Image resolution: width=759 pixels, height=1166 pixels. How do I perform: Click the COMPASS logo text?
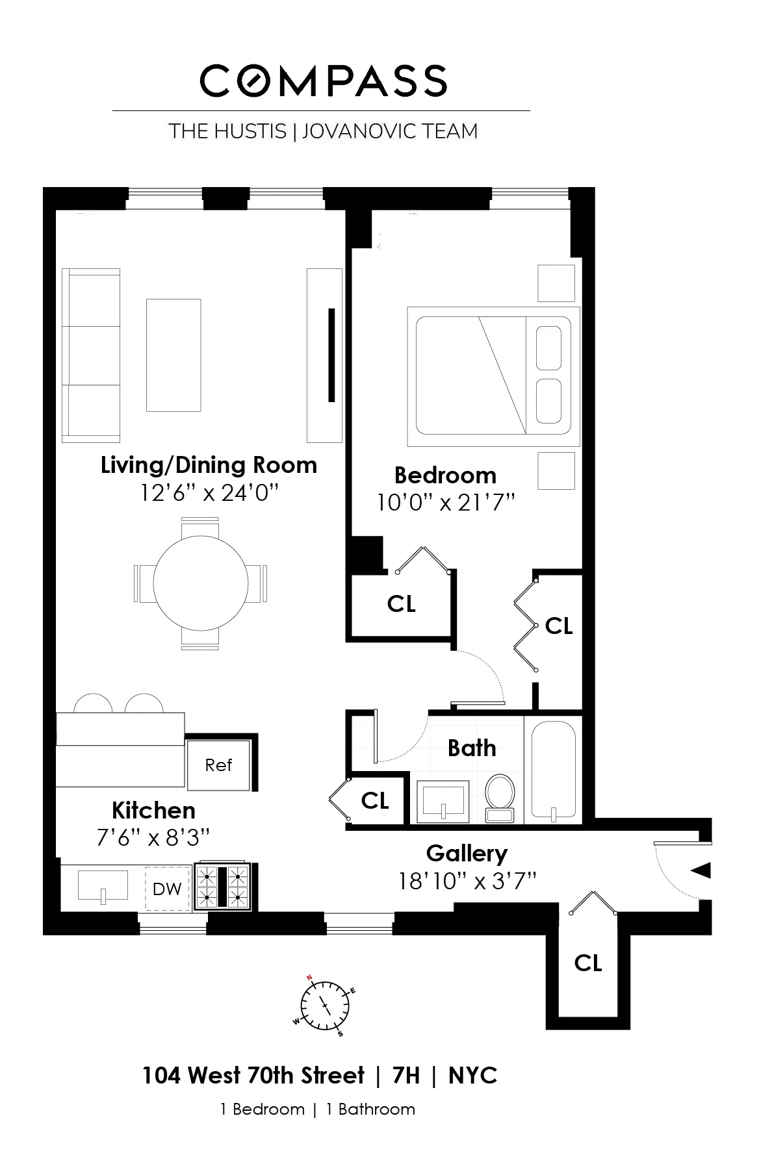[x=323, y=82]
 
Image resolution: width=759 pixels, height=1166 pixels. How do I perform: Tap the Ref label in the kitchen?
[x=218, y=765]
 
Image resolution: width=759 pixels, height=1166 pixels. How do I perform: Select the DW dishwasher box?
[x=167, y=889]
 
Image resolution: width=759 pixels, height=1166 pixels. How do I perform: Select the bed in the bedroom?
[x=493, y=377]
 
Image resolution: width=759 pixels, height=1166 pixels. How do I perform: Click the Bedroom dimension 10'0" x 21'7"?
[x=446, y=503]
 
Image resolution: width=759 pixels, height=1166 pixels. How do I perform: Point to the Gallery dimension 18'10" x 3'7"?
[x=467, y=881]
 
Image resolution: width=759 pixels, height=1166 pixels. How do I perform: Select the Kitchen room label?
[x=153, y=810]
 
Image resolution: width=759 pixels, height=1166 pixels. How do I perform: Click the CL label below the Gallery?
[x=588, y=962]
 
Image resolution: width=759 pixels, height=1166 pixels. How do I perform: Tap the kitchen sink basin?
[x=103, y=885]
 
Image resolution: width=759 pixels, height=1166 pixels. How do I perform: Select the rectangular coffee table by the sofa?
[x=174, y=355]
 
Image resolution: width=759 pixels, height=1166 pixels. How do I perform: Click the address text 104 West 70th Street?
[x=253, y=1076]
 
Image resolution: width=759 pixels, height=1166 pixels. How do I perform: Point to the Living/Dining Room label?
[x=209, y=465]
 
